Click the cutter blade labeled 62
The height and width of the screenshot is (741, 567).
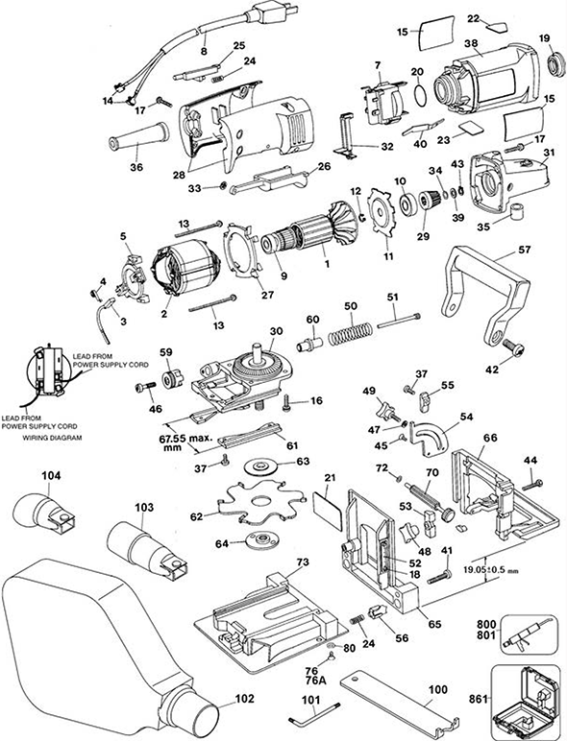click(x=260, y=502)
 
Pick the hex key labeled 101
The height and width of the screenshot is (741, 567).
click(x=314, y=713)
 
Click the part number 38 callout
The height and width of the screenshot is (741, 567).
click(x=471, y=42)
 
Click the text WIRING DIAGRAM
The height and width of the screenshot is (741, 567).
click(x=52, y=438)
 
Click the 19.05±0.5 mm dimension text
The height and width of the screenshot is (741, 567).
click(x=490, y=570)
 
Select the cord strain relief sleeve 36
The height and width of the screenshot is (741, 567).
click(x=138, y=136)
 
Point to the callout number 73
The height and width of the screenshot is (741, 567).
click(x=303, y=562)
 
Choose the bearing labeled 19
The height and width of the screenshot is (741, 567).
click(x=557, y=64)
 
